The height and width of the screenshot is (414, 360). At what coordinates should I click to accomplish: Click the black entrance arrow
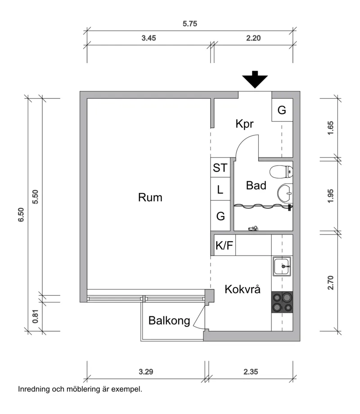click(x=255, y=80)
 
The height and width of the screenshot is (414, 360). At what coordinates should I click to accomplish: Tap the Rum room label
click(x=150, y=197)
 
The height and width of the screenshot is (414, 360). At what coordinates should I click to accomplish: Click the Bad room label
click(x=256, y=185)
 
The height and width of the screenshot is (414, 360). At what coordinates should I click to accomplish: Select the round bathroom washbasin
click(x=285, y=194)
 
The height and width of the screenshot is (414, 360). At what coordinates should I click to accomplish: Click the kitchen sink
click(x=282, y=266)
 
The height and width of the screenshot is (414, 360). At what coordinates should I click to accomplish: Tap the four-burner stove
click(x=282, y=302)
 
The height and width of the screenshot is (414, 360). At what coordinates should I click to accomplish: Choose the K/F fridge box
click(x=225, y=246)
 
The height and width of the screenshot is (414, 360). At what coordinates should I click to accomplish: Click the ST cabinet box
click(x=220, y=168)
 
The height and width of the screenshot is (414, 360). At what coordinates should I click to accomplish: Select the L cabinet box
click(x=220, y=190)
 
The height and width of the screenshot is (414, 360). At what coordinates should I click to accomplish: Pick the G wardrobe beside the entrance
click(x=282, y=110)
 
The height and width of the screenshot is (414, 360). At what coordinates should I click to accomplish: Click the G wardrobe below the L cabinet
click(x=220, y=216)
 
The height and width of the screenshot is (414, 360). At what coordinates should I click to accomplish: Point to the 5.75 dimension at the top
click(x=190, y=24)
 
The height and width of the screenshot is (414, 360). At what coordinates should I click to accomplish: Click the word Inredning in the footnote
click(x=33, y=388)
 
